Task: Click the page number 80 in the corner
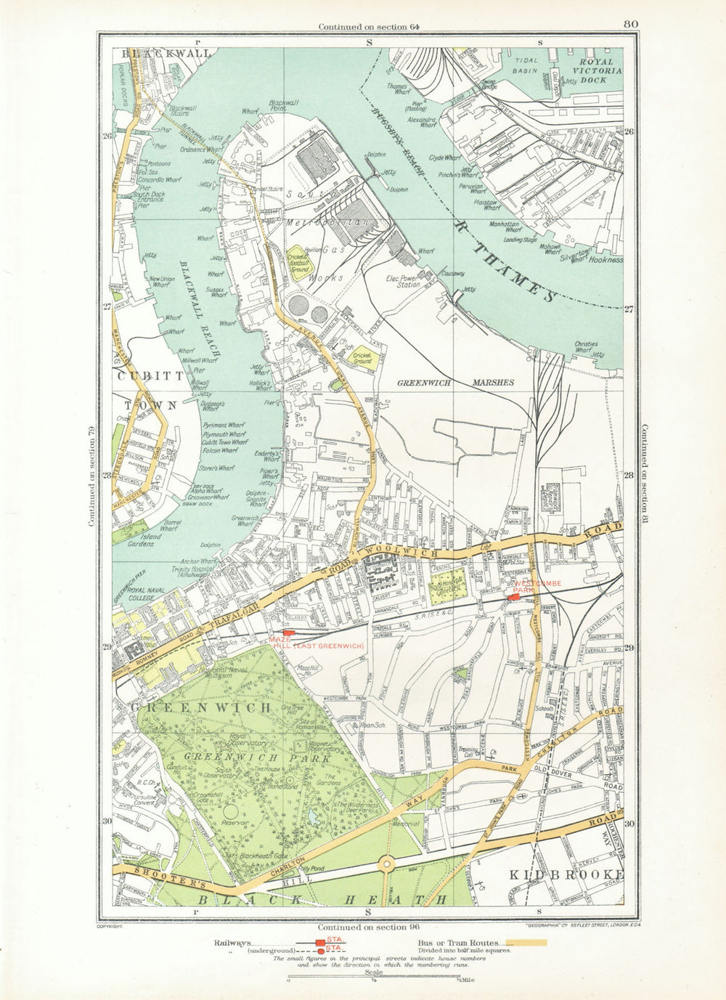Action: point(630,25)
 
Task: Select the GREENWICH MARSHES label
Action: point(455,382)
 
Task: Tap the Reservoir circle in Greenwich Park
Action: point(232,810)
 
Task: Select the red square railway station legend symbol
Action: point(320,942)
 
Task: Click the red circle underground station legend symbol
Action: point(320,950)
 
